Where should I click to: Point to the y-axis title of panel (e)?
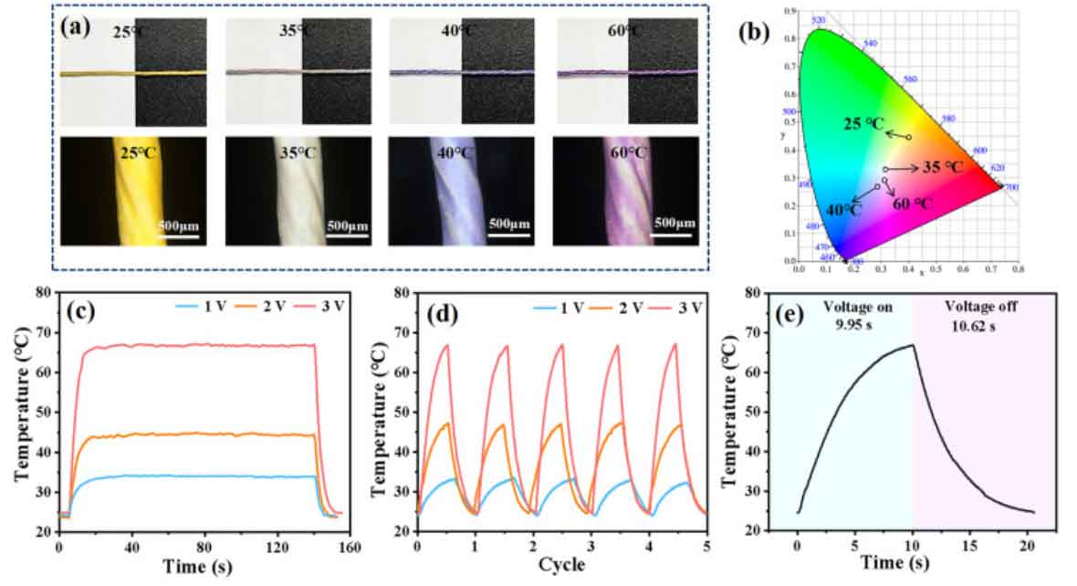point(729,419)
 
